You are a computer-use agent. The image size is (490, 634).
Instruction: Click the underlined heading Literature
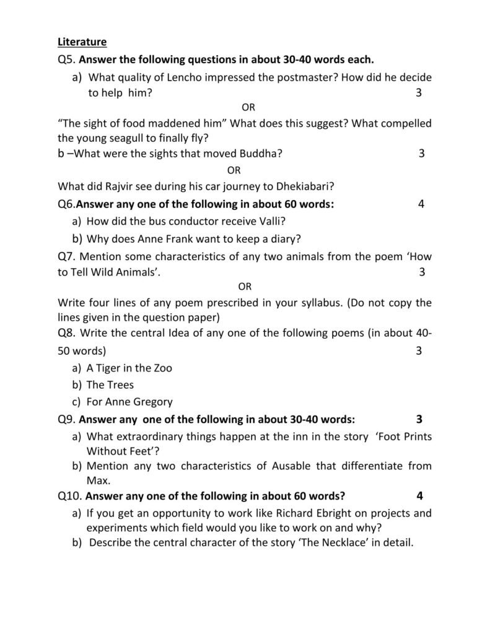(x=82, y=42)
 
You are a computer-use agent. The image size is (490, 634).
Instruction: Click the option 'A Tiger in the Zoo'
(x=129, y=368)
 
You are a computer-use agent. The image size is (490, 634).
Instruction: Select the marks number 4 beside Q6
(x=421, y=204)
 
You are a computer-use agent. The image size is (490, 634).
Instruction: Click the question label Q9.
(x=66, y=419)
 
